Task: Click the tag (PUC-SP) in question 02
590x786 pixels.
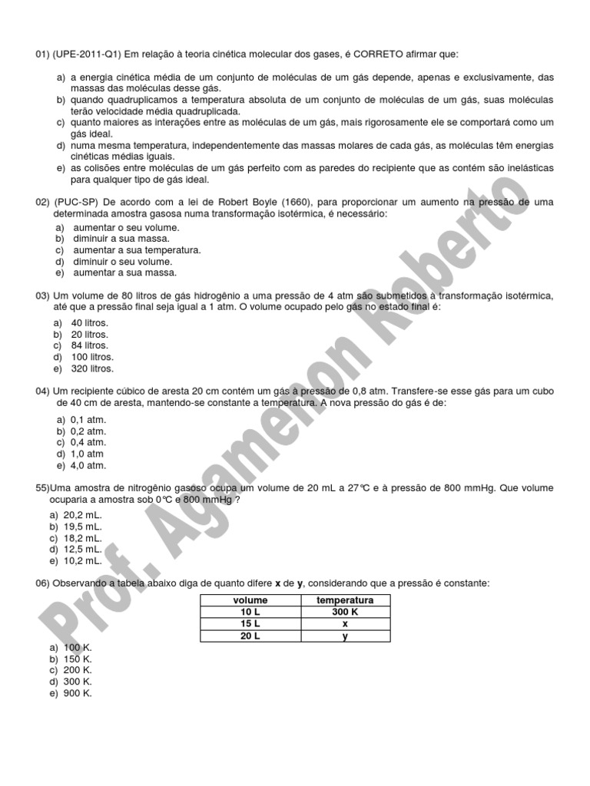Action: point(76,202)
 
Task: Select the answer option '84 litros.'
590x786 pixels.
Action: point(90,345)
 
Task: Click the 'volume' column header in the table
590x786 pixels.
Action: point(250,599)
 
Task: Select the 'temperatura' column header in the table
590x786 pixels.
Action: point(345,599)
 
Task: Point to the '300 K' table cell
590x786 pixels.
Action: point(345,612)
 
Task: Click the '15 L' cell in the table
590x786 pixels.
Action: point(250,624)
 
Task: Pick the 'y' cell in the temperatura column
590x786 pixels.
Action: point(345,636)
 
